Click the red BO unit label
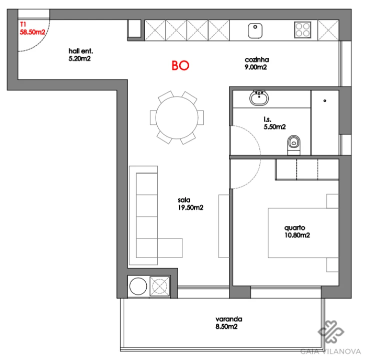pyautogui.click(x=180, y=66)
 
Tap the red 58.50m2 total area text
pyautogui.click(x=33, y=32)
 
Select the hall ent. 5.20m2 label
pyautogui.click(x=81, y=54)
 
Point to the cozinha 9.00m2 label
pyautogui.click(x=255, y=63)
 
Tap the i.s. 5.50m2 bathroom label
pyautogui.click(x=274, y=123)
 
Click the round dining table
pyautogui.click(x=177, y=117)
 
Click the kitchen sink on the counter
pyautogui.click(x=256, y=30)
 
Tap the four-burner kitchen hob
pyautogui.click(x=302, y=29)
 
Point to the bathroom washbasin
pyautogui.click(x=259, y=97)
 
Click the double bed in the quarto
pyautogui.click(x=298, y=232)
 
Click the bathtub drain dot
pyautogui.click(x=325, y=100)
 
